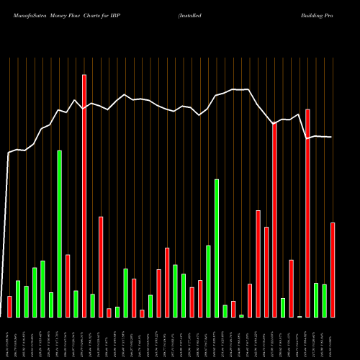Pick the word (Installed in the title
coord(189,15)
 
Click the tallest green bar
coord(60,234)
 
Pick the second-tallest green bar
coord(217,248)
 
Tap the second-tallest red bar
coord(308,213)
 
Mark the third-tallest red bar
coord(275,220)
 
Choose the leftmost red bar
coord(9,307)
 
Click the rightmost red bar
coord(333,270)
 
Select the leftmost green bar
coord(18,299)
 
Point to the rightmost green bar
coord(325,301)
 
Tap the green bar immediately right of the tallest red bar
coord(93,305)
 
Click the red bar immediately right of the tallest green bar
coord(68,286)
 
